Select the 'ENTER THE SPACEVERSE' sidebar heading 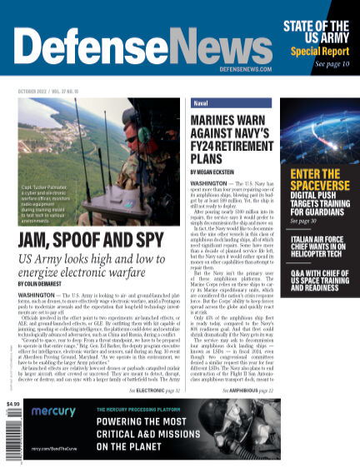316,180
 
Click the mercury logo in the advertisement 49,435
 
